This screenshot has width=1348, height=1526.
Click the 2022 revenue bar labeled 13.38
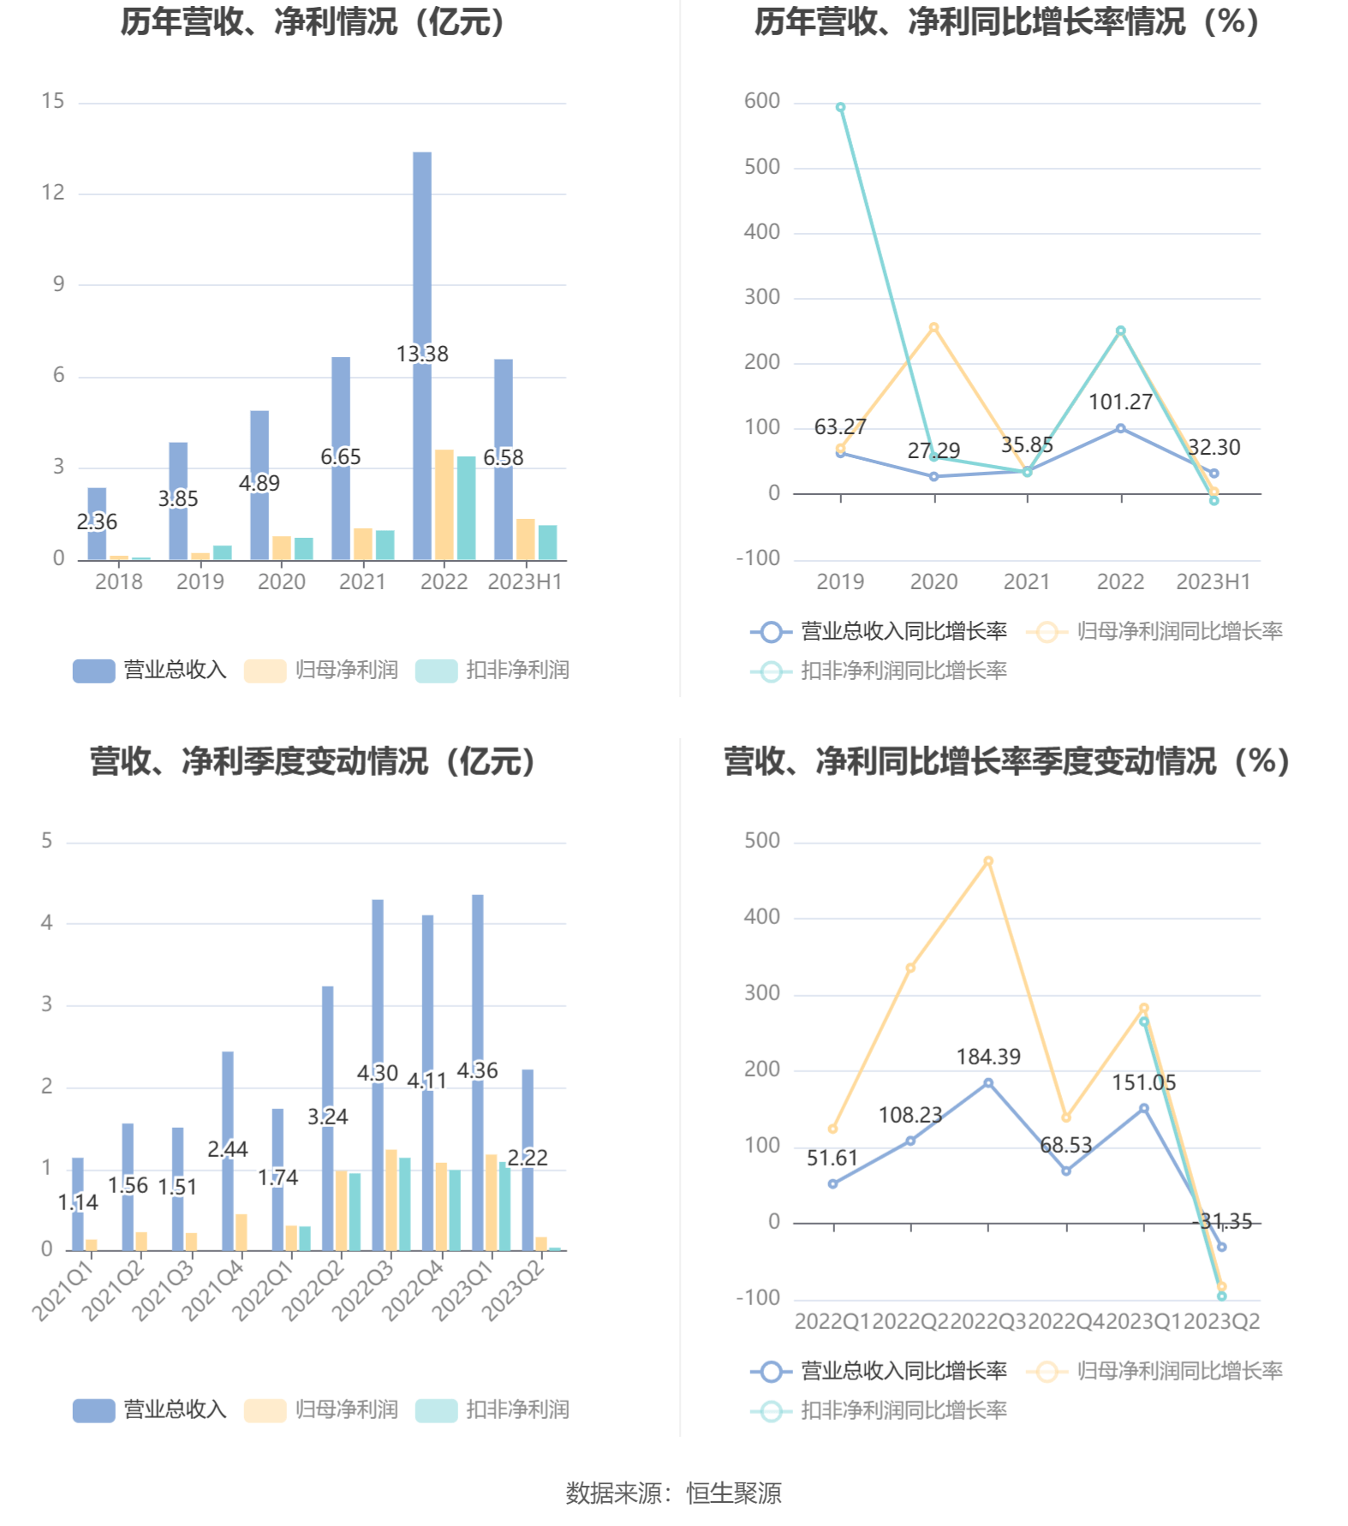[x=422, y=257]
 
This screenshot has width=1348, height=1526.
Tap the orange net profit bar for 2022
[x=444, y=504]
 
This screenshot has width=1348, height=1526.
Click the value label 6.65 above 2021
[x=341, y=457]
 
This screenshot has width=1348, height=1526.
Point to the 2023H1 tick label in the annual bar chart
[x=524, y=582]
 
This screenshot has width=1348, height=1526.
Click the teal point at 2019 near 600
[x=840, y=108]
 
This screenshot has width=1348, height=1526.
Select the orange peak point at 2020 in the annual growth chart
[x=933, y=327]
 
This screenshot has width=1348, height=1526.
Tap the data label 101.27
[x=1120, y=402]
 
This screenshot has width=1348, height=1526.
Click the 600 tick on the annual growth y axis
[x=761, y=101]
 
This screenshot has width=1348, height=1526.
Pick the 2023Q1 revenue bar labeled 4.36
[x=478, y=985]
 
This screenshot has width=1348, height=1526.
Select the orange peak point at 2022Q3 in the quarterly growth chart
[x=988, y=861]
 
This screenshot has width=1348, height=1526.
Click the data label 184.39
[x=988, y=1058]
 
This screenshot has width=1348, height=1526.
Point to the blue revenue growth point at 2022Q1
[x=832, y=1184]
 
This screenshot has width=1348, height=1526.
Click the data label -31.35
[x=1222, y=1222]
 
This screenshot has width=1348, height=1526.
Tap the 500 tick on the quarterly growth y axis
[x=761, y=841]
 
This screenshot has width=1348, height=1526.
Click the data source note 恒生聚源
[x=733, y=1493]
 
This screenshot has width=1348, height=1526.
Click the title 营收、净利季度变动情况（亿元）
[x=313, y=761]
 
